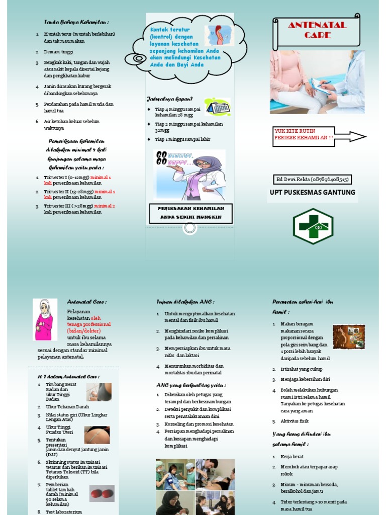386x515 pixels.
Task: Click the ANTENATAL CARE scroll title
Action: pyautogui.click(x=317, y=30)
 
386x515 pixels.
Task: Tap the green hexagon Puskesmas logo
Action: pyautogui.click(x=313, y=226)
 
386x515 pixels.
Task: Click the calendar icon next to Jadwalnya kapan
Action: pyautogui.click(x=217, y=107)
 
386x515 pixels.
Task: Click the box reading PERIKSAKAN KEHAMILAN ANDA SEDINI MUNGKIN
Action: pyautogui.click(x=191, y=213)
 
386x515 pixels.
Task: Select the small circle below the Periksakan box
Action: pyautogui.click(x=190, y=228)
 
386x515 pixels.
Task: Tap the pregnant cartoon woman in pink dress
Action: pyautogui.click(x=44, y=320)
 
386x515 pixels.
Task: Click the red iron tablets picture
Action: pyautogui.click(x=102, y=493)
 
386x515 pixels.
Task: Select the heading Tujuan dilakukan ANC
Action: pyautogui.click(x=185, y=302)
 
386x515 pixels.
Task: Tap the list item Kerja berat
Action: pyautogui.click(x=293, y=456)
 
